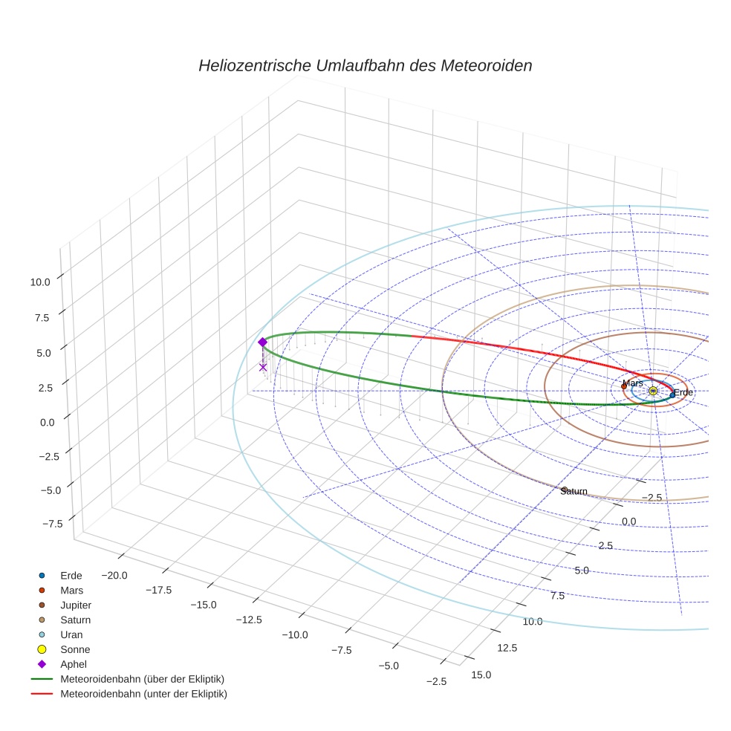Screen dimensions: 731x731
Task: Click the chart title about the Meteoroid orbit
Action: [x=365, y=65]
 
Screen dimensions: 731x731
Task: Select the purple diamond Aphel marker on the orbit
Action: [x=262, y=342]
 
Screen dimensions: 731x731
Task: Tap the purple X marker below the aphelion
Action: [x=263, y=367]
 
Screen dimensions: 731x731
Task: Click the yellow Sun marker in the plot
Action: [x=653, y=391]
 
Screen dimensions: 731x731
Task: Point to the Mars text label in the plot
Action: [x=633, y=383]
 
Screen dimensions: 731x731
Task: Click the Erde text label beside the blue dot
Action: [x=683, y=392]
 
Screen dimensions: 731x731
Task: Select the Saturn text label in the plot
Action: [x=574, y=492]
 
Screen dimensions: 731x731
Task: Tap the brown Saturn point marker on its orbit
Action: [x=565, y=490]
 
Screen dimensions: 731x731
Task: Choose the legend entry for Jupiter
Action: [x=76, y=605]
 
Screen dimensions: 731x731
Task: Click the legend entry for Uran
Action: [x=71, y=635]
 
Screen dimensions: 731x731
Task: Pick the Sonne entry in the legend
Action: [x=75, y=650]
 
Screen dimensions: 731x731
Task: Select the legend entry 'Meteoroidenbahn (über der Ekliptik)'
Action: [x=143, y=680]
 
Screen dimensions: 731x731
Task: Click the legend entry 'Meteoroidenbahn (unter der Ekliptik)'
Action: [x=143, y=695]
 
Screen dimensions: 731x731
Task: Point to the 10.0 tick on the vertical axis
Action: [x=40, y=282]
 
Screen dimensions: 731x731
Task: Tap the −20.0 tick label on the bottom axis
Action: [x=114, y=576]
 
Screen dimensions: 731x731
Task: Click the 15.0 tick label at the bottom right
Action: [x=481, y=675]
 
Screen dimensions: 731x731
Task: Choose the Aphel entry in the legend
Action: [x=74, y=665]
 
